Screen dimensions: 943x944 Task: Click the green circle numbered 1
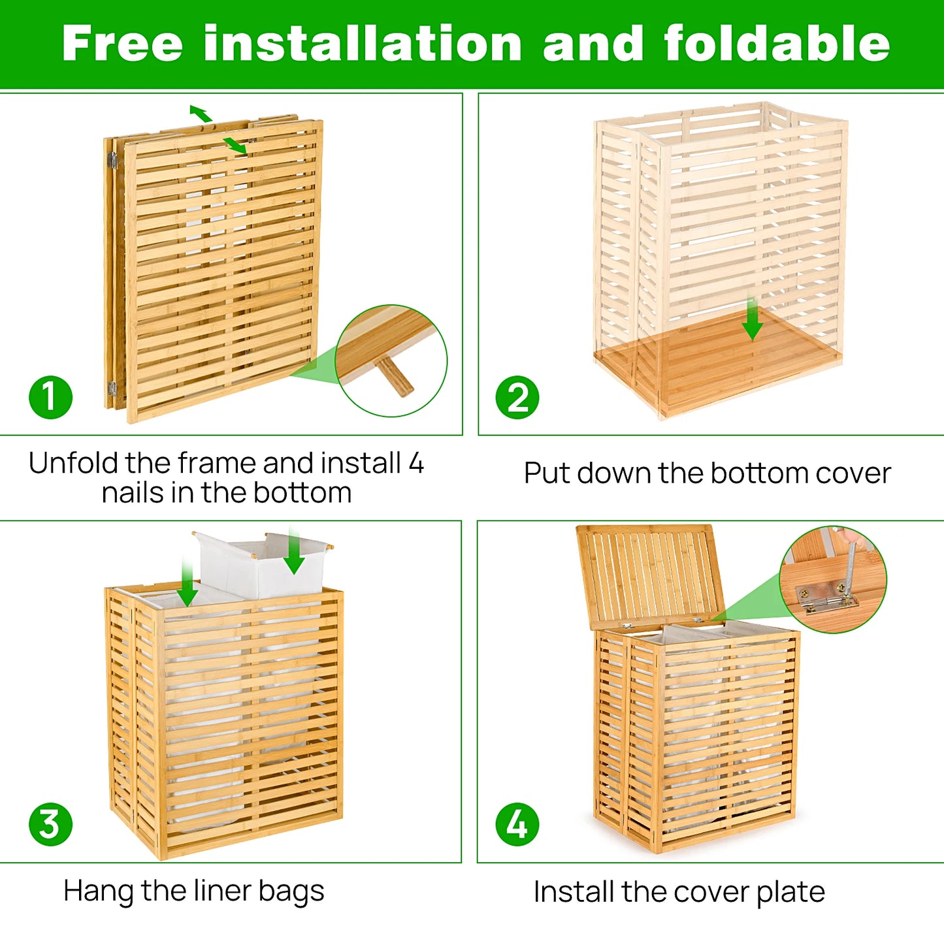50,397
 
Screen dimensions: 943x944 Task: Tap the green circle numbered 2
517,397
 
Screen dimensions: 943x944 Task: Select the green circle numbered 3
50,824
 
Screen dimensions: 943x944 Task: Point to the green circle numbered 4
517,824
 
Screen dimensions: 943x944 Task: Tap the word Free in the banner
122,44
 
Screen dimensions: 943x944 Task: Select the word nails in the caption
133,493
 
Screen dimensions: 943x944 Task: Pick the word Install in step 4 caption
573,892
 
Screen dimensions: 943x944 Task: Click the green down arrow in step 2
753,320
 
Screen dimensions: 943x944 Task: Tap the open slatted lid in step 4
650,575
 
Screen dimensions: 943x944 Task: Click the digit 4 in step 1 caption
416,464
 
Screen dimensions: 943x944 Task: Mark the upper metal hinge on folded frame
112,159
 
